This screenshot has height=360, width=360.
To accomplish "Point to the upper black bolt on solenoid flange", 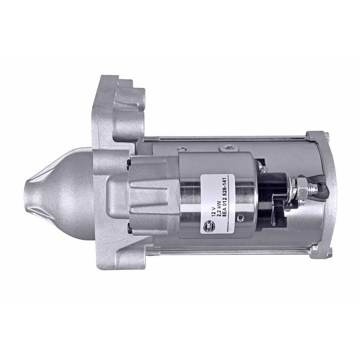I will (129, 159).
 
